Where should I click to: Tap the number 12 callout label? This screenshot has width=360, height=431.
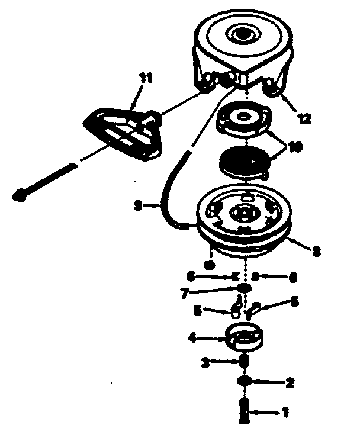[x=304, y=118]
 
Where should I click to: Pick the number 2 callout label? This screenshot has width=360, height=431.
[x=290, y=382]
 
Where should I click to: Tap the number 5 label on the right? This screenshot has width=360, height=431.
[x=294, y=301]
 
